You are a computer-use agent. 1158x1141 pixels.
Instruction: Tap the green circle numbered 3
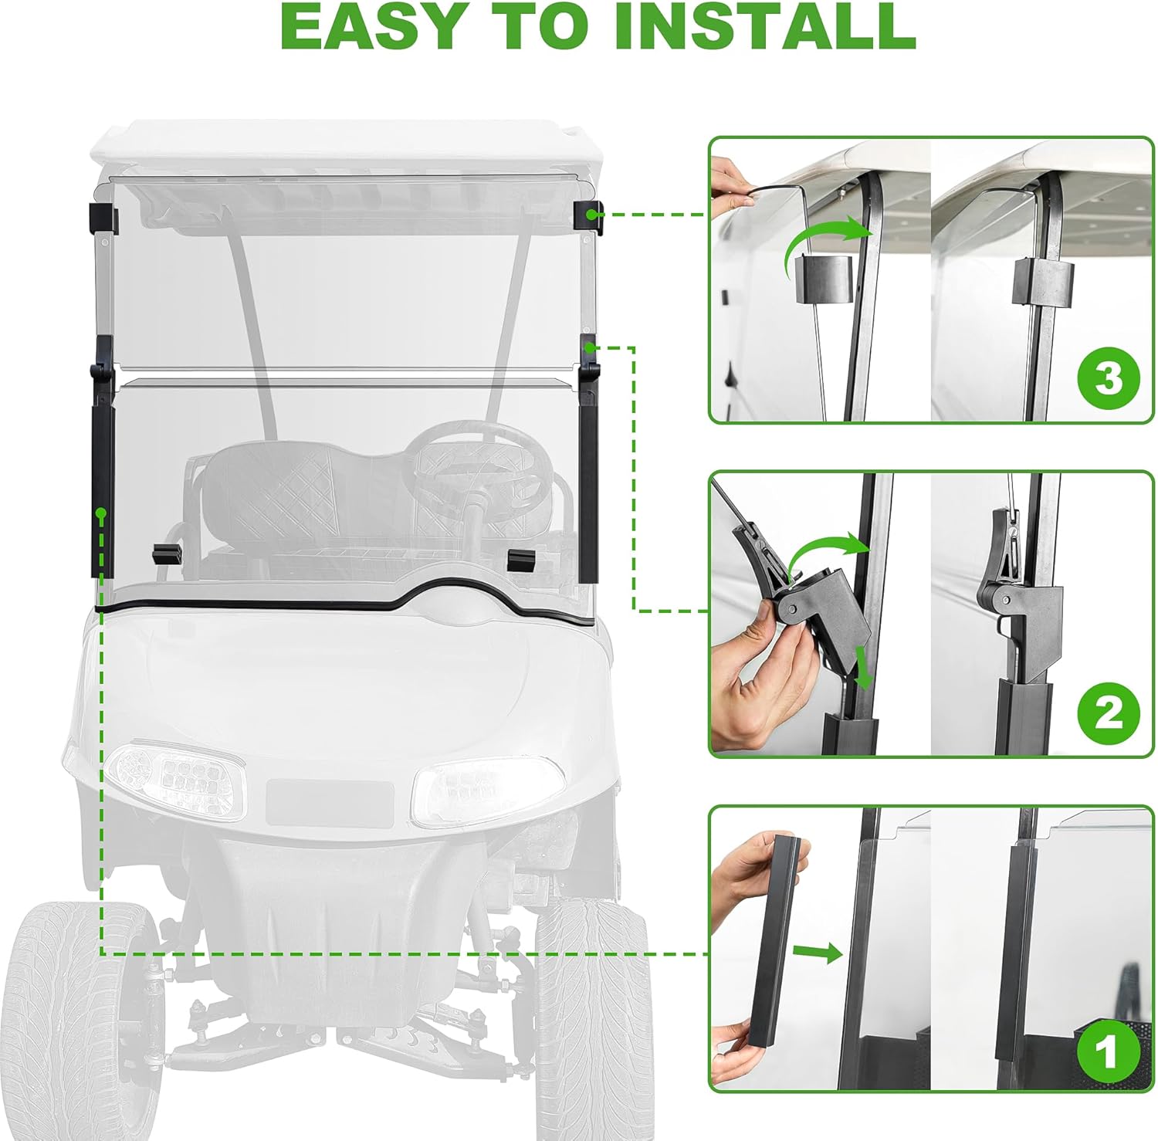pyautogui.click(x=1108, y=379)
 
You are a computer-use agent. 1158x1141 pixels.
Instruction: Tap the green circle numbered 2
pyautogui.click(x=1108, y=712)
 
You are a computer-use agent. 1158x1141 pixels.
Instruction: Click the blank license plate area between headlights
pyautogui.click(x=330, y=802)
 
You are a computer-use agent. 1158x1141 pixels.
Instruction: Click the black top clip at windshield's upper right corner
pyautogui.click(x=589, y=215)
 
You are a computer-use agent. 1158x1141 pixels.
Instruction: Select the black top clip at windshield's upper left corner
pyautogui.click(x=103, y=218)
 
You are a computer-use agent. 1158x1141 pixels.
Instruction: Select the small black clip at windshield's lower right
pyautogui.click(x=521, y=559)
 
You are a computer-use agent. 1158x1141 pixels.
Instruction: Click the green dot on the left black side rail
pyautogui.click(x=100, y=512)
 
